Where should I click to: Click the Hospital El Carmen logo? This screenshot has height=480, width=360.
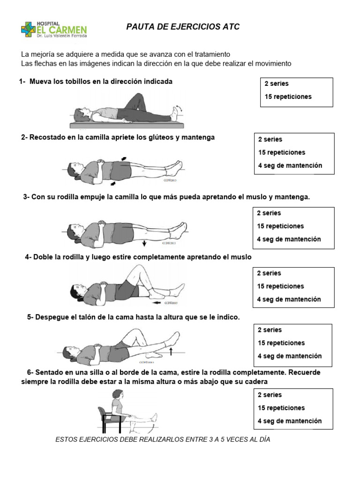[54, 29]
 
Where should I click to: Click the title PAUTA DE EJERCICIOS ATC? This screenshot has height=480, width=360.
[183, 27]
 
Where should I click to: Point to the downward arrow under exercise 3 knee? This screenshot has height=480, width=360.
[144, 243]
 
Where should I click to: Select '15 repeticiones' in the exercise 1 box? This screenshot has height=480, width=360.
[288, 97]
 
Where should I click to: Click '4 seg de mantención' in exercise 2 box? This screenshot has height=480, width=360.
[290, 165]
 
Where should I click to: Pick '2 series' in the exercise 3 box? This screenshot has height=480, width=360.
[269, 213]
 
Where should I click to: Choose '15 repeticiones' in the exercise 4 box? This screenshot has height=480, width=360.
[280, 286]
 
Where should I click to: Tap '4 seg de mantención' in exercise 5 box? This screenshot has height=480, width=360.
[290, 356]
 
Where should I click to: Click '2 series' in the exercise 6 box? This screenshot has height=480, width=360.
[270, 395]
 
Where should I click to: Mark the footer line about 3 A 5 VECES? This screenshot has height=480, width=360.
[163, 440]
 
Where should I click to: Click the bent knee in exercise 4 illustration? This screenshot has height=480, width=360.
[136, 268]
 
